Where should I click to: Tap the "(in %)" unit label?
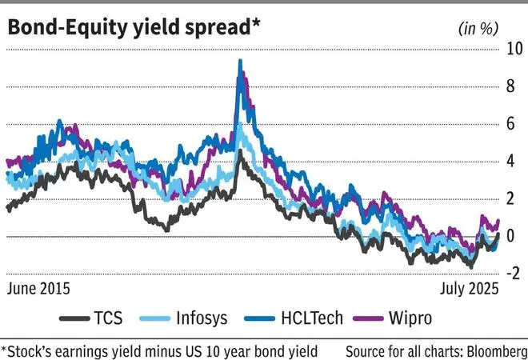[478, 28]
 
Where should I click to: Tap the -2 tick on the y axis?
[515, 273]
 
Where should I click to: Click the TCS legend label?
[107, 318]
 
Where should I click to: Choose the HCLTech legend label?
[311, 318]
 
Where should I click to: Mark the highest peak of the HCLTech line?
[240, 61]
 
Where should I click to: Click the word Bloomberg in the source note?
[490, 350]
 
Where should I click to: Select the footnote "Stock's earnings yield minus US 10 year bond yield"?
[160, 350]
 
